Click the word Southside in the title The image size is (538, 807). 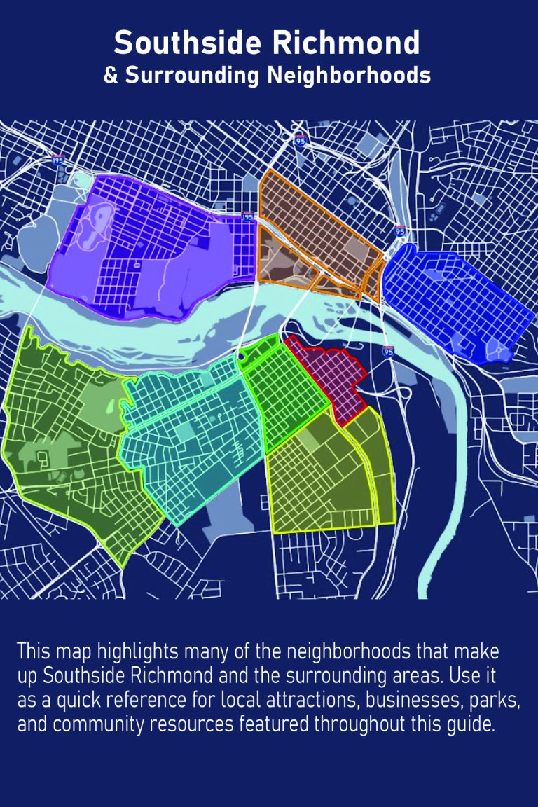coord(189,43)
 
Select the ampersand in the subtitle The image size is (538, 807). coord(111,75)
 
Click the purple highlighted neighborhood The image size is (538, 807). coord(154,245)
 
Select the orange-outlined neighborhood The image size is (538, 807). coord(315,231)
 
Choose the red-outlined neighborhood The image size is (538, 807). coord(329,378)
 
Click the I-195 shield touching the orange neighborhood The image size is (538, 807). coord(247,218)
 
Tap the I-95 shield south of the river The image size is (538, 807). coord(388,351)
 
